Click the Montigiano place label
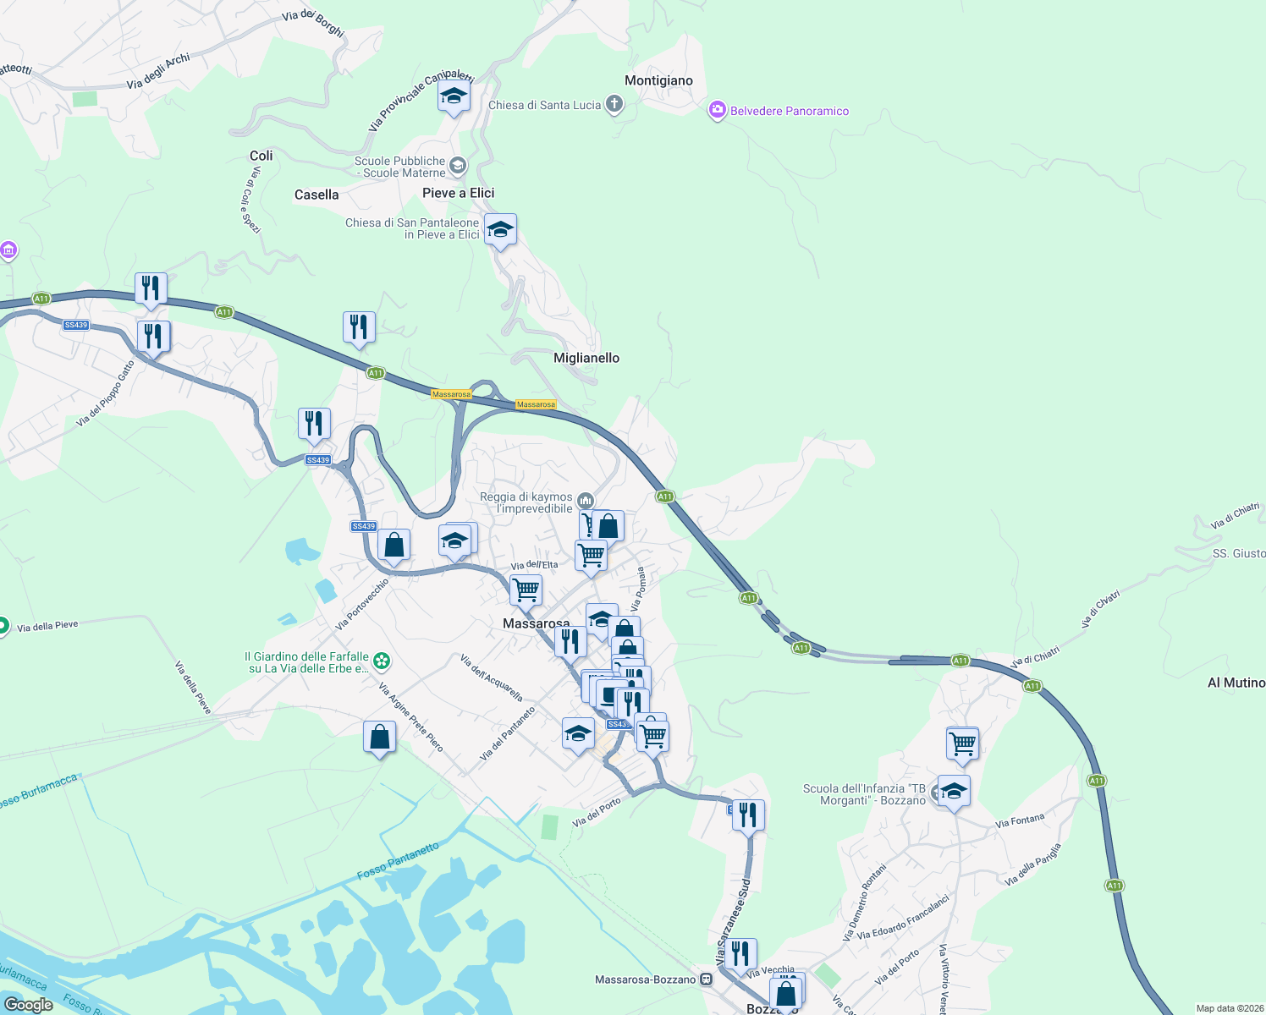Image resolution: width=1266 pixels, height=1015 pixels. point(658,80)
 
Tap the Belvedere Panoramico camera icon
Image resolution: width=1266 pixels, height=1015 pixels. point(718,110)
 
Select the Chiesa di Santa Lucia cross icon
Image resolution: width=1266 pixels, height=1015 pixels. point(614,105)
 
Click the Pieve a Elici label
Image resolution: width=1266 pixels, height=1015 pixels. point(458,193)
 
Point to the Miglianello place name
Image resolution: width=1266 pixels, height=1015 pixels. point(586,358)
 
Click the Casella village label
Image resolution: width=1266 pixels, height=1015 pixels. point(316,195)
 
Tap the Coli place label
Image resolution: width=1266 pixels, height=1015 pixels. point(261,156)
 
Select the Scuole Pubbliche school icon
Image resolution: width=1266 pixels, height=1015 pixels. point(458,165)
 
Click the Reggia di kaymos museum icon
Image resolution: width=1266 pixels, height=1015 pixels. point(585,502)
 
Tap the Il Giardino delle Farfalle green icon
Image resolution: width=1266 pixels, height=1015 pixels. point(383,660)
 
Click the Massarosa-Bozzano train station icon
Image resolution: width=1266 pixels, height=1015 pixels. point(707,979)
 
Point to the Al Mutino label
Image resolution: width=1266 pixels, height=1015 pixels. point(1236,683)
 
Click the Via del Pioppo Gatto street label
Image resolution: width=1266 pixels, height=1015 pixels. point(106,393)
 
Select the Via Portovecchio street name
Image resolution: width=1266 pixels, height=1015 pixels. point(362,604)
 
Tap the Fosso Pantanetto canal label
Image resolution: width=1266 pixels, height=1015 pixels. point(399,860)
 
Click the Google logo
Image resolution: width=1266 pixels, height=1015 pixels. point(28,1005)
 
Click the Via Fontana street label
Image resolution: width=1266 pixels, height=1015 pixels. point(1020,820)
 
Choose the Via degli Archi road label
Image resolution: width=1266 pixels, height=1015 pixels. point(158,72)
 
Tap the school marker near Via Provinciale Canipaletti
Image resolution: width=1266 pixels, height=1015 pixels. point(454,97)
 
